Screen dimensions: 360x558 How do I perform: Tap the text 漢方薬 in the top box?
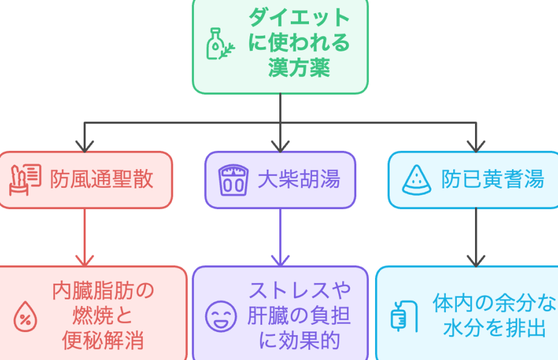click(299, 68)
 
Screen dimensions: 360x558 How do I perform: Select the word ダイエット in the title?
click(299, 18)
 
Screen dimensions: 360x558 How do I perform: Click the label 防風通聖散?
click(101, 179)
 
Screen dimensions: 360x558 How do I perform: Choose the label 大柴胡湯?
click(299, 179)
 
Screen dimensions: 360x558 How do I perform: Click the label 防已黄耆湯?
click(492, 179)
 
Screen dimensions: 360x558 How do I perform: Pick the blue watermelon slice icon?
click(417, 180)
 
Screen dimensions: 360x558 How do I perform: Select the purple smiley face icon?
click(221, 316)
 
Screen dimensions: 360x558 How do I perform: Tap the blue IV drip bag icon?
click(400, 315)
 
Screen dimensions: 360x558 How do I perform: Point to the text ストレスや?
click(299, 290)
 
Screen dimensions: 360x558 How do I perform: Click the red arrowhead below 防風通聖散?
click(84, 260)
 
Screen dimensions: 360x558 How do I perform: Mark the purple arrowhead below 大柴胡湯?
click(280, 260)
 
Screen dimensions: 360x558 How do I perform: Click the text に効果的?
click(299, 341)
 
